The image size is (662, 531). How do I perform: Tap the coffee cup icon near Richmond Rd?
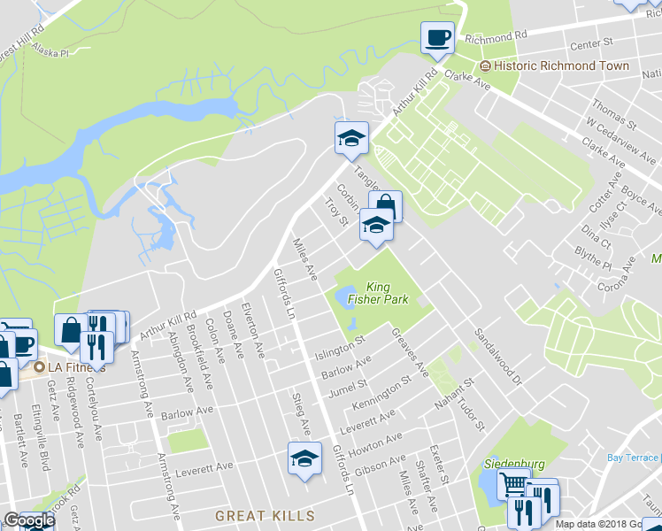click(x=437, y=38)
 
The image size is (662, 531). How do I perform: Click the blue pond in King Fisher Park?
click(x=343, y=296)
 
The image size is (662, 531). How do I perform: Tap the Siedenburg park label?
click(x=512, y=464)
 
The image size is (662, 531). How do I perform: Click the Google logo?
click(x=29, y=520)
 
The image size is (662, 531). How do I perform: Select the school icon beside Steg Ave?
click(x=304, y=458)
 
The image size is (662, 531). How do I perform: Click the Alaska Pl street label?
click(x=50, y=53)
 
